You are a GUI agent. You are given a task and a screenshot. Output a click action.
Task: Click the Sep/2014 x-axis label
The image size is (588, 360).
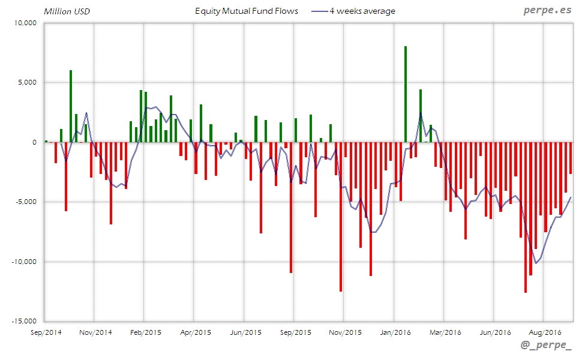pyautogui.click(x=45, y=332)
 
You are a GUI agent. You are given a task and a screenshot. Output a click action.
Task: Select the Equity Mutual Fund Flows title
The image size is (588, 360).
pyautogui.click(x=247, y=11)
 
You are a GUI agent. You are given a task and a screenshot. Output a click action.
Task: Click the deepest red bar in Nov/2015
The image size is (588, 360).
pyautogui.click(x=341, y=217)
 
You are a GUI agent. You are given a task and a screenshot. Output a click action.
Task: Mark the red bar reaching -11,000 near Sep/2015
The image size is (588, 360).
pyautogui.click(x=291, y=208)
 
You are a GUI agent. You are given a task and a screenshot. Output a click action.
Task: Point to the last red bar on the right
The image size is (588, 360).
pyautogui.click(x=571, y=158)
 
